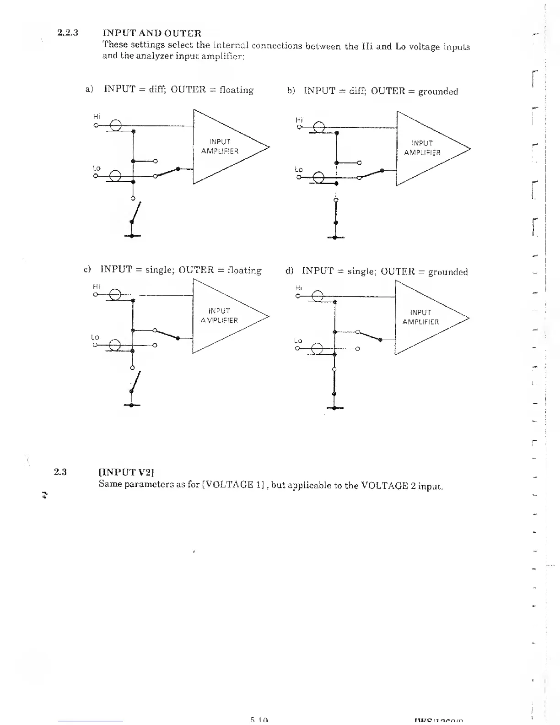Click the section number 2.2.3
pyautogui.click(x=68, y=33)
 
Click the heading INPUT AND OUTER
pyautogui.click(x=152, y=33)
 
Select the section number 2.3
pyautogui.click(x=60, y=472)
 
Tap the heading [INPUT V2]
pyautogui.click(x=128, y=472)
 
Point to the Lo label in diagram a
pyautogui.click(x=96, y=168)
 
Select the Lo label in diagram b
pyautogui.click(x=299, y=169)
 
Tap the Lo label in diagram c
pyautogui.click(x=95, y=337)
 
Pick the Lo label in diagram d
pyautogui.click(x=298, y=341)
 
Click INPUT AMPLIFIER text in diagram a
pyautogui.click(x=220, y=146)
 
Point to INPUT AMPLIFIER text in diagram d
pyautogui.click(x=420, y=317)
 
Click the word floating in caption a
pyautogui.click(x=237, y=90)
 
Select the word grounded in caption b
pyautogui.click(x=438, y=91)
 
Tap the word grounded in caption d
pyautogui.click(x=448, y=272)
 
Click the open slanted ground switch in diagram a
pyautogui.click(x=136, y=211)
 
